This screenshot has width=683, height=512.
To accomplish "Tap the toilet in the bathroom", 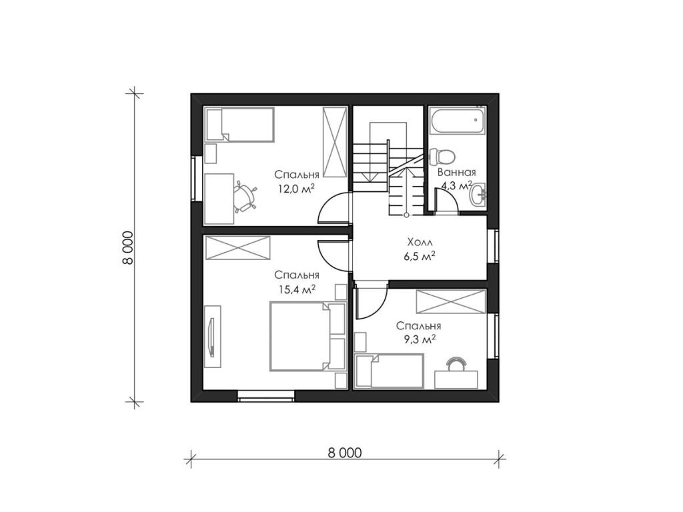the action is (x=442, y=156).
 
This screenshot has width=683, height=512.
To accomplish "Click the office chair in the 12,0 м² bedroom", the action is (x=244, y=197).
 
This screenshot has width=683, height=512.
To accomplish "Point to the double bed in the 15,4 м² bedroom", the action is (x=307, y=336).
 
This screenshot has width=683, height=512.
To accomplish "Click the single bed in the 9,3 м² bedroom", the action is (x=390, y=371).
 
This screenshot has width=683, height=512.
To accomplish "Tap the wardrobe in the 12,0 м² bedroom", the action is (x=335, y=142).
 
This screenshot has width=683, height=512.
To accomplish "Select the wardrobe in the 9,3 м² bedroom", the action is (x=451, y=301).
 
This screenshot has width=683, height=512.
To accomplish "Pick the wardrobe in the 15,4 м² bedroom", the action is (x=238, y=248).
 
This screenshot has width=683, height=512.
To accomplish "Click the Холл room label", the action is (x=420, y=242).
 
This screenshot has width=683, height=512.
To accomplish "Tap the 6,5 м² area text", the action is (x=420, y=257).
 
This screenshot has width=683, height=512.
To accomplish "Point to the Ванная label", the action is (x=457, y=172).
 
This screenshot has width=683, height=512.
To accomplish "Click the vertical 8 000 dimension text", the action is (x=127, y=247).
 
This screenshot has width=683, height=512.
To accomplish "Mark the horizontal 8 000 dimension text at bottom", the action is (x=345, y=453).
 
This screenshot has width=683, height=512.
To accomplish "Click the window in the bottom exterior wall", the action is (x=265, y=396).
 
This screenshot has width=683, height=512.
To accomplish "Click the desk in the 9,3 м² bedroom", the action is (x=456, y=379).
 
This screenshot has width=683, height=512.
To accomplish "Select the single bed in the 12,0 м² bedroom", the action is (x=240, y=125).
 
